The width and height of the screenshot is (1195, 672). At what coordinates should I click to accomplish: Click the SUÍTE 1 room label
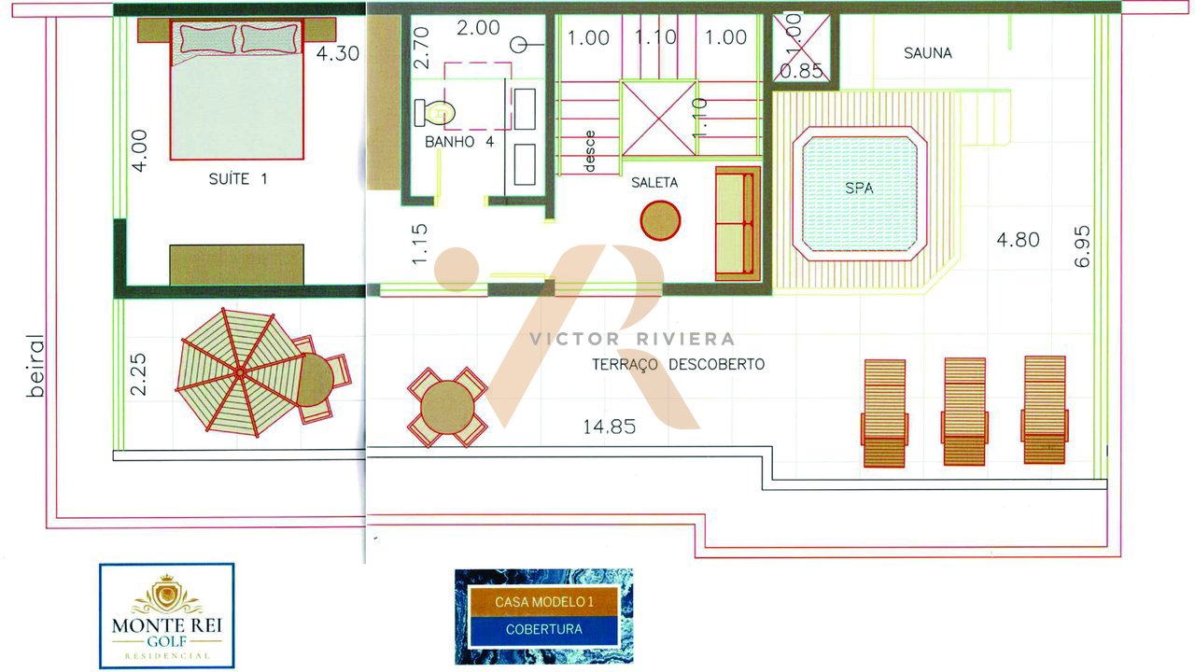238,178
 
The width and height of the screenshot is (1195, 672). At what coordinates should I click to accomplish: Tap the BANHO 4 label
459,141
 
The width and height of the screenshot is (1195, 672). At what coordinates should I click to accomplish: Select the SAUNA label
928,53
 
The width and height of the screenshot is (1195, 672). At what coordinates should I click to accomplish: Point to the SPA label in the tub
859,188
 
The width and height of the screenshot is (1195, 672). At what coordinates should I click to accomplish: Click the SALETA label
654,182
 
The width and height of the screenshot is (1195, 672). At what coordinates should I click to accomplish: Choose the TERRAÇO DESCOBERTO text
679,364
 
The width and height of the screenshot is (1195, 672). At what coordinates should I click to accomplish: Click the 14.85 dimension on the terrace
610,427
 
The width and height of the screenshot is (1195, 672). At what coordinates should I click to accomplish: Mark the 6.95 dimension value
1082,245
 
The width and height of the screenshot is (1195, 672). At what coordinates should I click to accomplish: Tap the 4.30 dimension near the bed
338,54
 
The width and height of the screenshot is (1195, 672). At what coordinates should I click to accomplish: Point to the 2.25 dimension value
138,374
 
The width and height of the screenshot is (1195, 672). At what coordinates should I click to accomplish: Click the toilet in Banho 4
434,113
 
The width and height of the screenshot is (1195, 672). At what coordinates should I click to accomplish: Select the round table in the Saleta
660,220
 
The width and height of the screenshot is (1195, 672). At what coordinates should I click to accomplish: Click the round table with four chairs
447,407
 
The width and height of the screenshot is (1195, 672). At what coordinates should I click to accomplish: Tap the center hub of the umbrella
240,372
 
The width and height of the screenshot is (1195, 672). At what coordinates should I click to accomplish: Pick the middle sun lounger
964,412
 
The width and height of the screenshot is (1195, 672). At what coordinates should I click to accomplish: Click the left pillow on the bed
208,38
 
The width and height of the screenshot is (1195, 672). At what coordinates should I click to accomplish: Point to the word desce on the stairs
589,151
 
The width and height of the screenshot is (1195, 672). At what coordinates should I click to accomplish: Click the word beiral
35,365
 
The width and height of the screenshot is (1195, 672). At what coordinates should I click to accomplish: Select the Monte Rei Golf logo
167,616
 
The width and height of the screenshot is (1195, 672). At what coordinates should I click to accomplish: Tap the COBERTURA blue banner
543,629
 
